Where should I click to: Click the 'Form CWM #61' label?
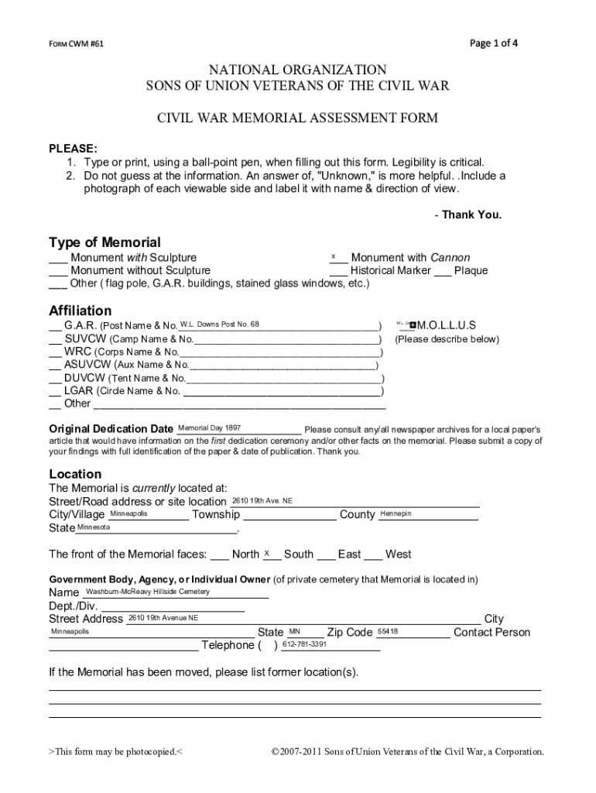[x=77, y=44]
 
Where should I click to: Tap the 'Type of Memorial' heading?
[x=104, y=242]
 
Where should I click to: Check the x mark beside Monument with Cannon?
[x=334, y=256]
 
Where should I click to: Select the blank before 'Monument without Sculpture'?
[x=58, y=272]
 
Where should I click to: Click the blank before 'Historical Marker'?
[x=337, y=272]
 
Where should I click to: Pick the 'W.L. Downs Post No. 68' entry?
[x=220, y=324]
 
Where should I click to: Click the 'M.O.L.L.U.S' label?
[x=447, y=325]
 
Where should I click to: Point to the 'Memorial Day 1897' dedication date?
[x=209, y=427]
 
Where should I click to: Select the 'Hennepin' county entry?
[x=396, y=513]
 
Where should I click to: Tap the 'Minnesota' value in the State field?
[x=94, y=527]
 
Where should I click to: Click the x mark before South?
[x=266, y=553]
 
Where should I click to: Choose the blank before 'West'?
[x=373, y=555]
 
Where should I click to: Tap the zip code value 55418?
[x=388, y=631]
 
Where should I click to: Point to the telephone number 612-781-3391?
[x=304, y=644]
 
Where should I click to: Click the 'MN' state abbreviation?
[x=294, y=631]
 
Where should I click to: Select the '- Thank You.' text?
[x=468, y=215]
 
